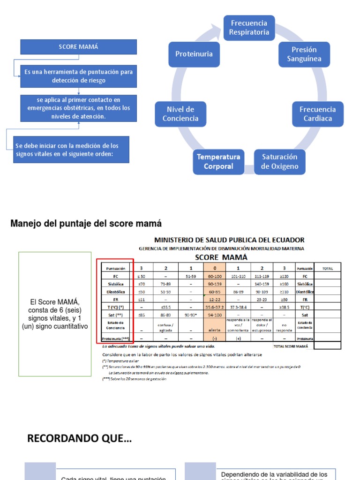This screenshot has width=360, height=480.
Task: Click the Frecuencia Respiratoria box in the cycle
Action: click(249, 28)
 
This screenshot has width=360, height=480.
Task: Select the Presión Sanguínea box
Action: click(304, 54)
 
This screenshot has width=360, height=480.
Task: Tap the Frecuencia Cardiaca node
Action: click(317, 114)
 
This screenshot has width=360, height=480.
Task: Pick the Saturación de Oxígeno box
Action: click(279, 161)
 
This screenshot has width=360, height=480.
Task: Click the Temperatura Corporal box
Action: click(218, 161)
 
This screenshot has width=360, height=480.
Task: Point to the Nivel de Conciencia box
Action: click(180, 114)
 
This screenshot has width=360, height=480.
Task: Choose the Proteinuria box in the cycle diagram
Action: click(194, 54)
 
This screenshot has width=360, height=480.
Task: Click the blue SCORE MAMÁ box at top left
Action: click(79, 47)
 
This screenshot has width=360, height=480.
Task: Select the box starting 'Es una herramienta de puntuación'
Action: click(79, 76)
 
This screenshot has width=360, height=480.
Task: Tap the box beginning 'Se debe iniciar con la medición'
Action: click(71, 150)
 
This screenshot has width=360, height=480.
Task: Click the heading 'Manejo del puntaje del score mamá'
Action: click(86, 224)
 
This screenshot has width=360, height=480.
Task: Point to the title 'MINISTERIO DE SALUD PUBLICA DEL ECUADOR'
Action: click(229, 240)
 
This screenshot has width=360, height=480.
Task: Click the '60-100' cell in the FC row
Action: click(215, 277)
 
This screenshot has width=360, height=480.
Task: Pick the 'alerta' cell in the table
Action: click(215, 330)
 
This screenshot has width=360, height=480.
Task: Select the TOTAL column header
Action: click(327, 269)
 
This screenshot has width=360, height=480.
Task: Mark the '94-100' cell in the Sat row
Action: click(215, 315)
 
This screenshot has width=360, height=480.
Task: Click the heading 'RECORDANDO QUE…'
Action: click(79, 439)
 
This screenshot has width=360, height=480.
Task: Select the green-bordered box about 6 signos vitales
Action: click(55, 314)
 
